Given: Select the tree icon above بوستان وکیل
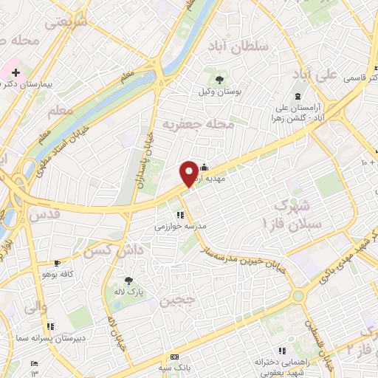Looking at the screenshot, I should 219,78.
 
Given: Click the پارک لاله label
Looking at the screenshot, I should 130,292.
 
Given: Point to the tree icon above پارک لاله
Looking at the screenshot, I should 129,281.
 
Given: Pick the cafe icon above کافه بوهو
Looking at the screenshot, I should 57,264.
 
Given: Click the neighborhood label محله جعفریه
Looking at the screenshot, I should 198,123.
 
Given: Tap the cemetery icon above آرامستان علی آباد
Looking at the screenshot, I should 298,97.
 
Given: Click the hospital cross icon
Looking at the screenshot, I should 16,72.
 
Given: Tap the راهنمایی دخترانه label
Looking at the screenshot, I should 281,362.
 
